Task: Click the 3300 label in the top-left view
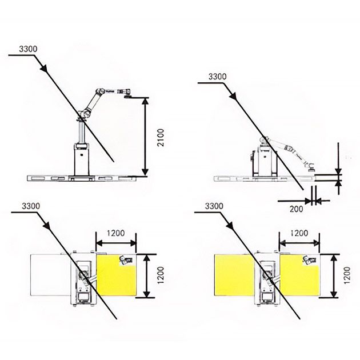click(x=28, y=49)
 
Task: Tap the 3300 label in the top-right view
click(x=217, y=77)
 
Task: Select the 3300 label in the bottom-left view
click(x=31, y=206)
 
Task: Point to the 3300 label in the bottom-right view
click(x=214, y=206)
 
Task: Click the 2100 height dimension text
click(x=161, y=138)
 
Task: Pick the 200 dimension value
click(x=296, y=209)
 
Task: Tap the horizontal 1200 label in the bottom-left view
click(x=115, y=233)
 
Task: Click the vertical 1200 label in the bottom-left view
click(x=161, y=275)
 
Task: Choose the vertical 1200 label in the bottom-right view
click(x=347, y=275)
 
